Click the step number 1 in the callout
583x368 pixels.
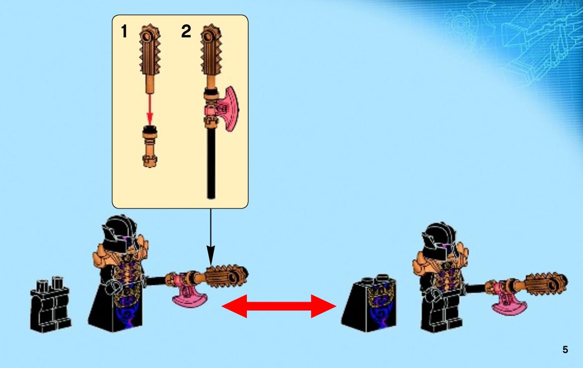124,31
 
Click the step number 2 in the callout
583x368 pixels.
186,31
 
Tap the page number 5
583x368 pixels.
565,350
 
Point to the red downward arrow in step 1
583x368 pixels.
150,109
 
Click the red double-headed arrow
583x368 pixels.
279,306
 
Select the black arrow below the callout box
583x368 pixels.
211,237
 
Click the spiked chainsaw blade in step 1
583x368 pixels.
150,50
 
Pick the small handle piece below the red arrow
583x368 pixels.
150,147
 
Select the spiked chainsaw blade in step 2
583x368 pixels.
211,50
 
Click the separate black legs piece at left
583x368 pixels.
50,305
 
